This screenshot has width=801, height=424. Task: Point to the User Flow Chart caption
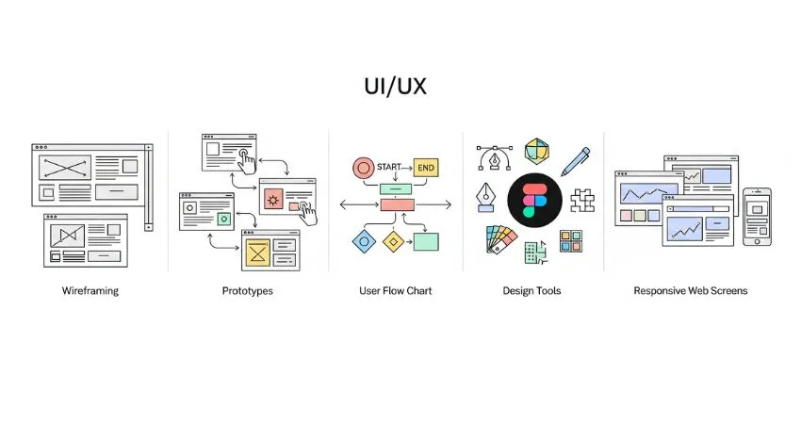(x=396, y=291)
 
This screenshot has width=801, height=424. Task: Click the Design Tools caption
(x=531, y=291)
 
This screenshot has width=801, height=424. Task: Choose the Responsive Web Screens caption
(x=691, y=291)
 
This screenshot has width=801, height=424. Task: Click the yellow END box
(x=426, y=168)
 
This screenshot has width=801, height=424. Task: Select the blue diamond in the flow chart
(x=362, y=241)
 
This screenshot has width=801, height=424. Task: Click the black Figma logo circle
(x=534, y=200)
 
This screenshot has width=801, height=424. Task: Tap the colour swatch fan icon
(x=500, y=241)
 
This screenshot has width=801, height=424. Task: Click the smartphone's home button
(x=756, y=239)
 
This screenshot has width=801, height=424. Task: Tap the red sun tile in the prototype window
(x=274, y=199)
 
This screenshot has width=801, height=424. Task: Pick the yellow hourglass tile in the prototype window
(x=256, y=252)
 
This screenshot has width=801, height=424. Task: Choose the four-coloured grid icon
(x=570, y=241)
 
